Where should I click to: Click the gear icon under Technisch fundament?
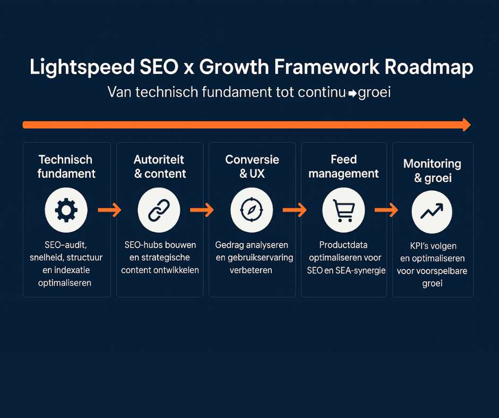(66, 210)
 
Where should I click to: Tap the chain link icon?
(159, 210)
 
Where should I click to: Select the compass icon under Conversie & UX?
(252, 210)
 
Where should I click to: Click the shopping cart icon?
(343, 210)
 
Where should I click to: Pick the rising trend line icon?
(432, 211)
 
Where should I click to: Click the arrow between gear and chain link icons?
(109, 210)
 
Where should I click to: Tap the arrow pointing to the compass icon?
(202, 210)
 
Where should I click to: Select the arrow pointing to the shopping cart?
(295, 210)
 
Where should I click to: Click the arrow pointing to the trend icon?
(386, 210)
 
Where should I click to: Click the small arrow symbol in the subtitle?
(352, 93)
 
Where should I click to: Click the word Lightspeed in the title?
(82, 68)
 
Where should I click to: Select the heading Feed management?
(343, 167)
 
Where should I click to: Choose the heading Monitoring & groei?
(432, 171)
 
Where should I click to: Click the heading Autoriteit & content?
(159, 167)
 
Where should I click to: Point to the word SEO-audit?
(65, 245)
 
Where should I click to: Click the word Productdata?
(343, 245)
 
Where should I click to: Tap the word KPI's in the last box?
(420, 246)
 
